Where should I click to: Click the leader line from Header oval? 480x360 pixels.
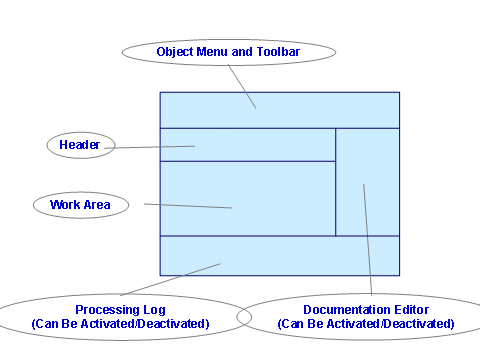point(150,147)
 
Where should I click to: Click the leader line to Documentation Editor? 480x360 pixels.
point(368,240)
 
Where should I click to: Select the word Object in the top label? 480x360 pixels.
point(174,51)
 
